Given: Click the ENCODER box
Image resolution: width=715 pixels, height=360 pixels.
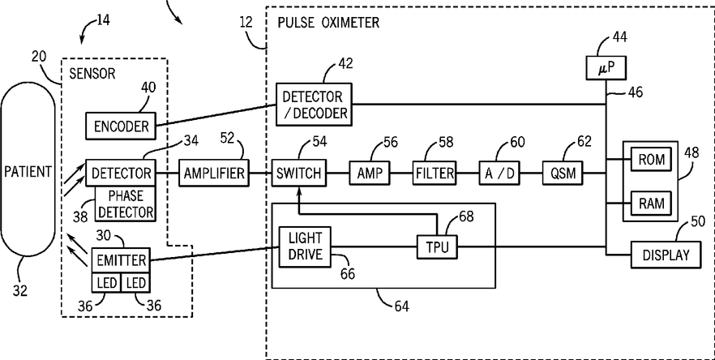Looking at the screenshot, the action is coord(121,126).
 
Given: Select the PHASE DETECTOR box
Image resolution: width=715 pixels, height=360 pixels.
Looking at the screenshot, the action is coord(125,204).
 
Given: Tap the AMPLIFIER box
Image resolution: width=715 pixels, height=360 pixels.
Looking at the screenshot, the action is coord(214,173).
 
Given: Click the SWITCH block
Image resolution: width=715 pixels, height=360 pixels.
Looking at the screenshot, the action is coord(299,173).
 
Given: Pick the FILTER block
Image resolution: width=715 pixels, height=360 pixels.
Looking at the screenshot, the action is coord(435,173).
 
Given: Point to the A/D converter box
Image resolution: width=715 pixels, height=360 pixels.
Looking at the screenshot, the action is coord(499,173).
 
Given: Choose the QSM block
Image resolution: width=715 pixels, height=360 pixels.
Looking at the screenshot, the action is coord(563,173).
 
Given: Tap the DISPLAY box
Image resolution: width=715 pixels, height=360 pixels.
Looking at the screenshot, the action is coord(666,255).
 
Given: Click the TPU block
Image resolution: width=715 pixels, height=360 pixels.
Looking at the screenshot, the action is coord(437,247).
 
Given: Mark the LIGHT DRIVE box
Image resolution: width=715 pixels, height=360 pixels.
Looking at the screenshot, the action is coord(305,246).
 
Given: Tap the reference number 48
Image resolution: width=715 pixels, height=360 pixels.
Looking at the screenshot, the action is coord(691,153).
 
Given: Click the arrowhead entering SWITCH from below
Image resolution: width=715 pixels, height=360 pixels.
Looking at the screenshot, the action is coord(299,191).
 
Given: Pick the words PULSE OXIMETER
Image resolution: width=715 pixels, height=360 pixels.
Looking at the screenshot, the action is coord(328,23).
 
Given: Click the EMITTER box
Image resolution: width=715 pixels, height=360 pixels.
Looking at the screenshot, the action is coord(122,260).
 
